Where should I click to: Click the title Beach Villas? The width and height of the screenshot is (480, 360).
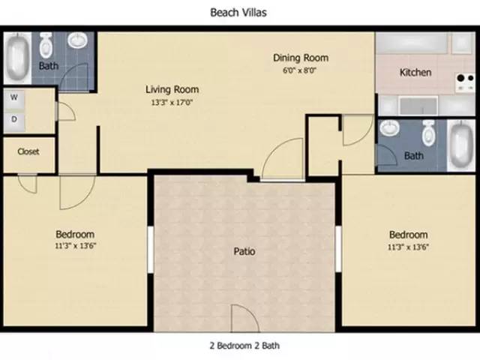238,13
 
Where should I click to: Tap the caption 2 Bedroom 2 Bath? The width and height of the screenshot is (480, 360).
244,346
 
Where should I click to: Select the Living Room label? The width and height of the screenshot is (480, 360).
172,89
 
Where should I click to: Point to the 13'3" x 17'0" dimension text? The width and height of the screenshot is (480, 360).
172,103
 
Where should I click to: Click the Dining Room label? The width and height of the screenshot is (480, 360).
300,58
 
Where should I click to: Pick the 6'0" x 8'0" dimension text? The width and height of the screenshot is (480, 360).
300,70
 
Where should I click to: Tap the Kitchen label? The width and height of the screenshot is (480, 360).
415,73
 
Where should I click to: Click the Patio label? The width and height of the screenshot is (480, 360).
244,251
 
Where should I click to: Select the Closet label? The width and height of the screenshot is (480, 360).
28,151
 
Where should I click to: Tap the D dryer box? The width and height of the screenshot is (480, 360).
14,118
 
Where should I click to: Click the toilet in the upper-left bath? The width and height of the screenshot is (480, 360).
46,46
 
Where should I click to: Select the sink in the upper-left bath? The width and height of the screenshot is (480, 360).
77,41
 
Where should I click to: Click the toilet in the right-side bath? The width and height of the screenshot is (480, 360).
428,133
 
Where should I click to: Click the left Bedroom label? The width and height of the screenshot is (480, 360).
74,234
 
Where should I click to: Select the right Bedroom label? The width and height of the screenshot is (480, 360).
409,234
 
